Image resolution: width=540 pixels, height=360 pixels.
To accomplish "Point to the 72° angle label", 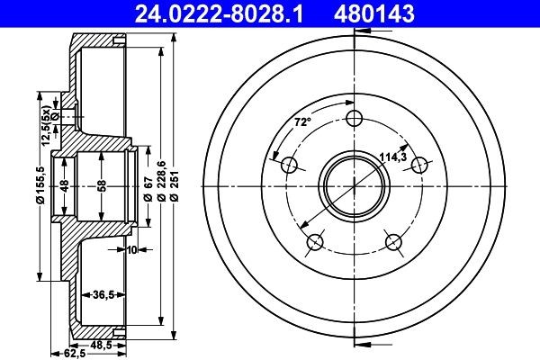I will pyautogui.click(x=303, y=121).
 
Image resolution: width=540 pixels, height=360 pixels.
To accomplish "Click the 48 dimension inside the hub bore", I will pyautogui.click(x=64, y=186).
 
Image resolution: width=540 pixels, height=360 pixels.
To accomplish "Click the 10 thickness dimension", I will pyautogui.click(x=131, y=249).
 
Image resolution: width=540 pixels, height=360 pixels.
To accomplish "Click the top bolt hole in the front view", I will pyautogui.click(x=356, y=117).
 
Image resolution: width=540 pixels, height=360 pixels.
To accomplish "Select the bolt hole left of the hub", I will pyautogui.click(x=290, y=165).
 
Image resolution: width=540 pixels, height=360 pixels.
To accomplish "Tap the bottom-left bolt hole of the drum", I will pyautogui.click(x=315, y=241).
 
